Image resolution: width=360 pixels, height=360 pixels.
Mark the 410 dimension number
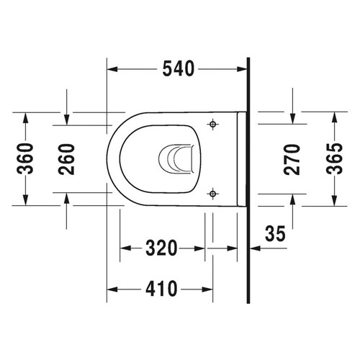[x=160, y=290]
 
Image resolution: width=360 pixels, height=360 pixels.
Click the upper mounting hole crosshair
[x=212, y=125]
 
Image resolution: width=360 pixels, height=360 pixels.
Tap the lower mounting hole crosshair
[x=212, y=193]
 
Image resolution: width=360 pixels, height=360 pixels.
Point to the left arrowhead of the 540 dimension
[x=112, y=69]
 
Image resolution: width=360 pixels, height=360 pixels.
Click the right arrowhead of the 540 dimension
[x=241, y=69]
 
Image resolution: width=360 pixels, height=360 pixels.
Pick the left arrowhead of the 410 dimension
[x=112, y=290]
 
